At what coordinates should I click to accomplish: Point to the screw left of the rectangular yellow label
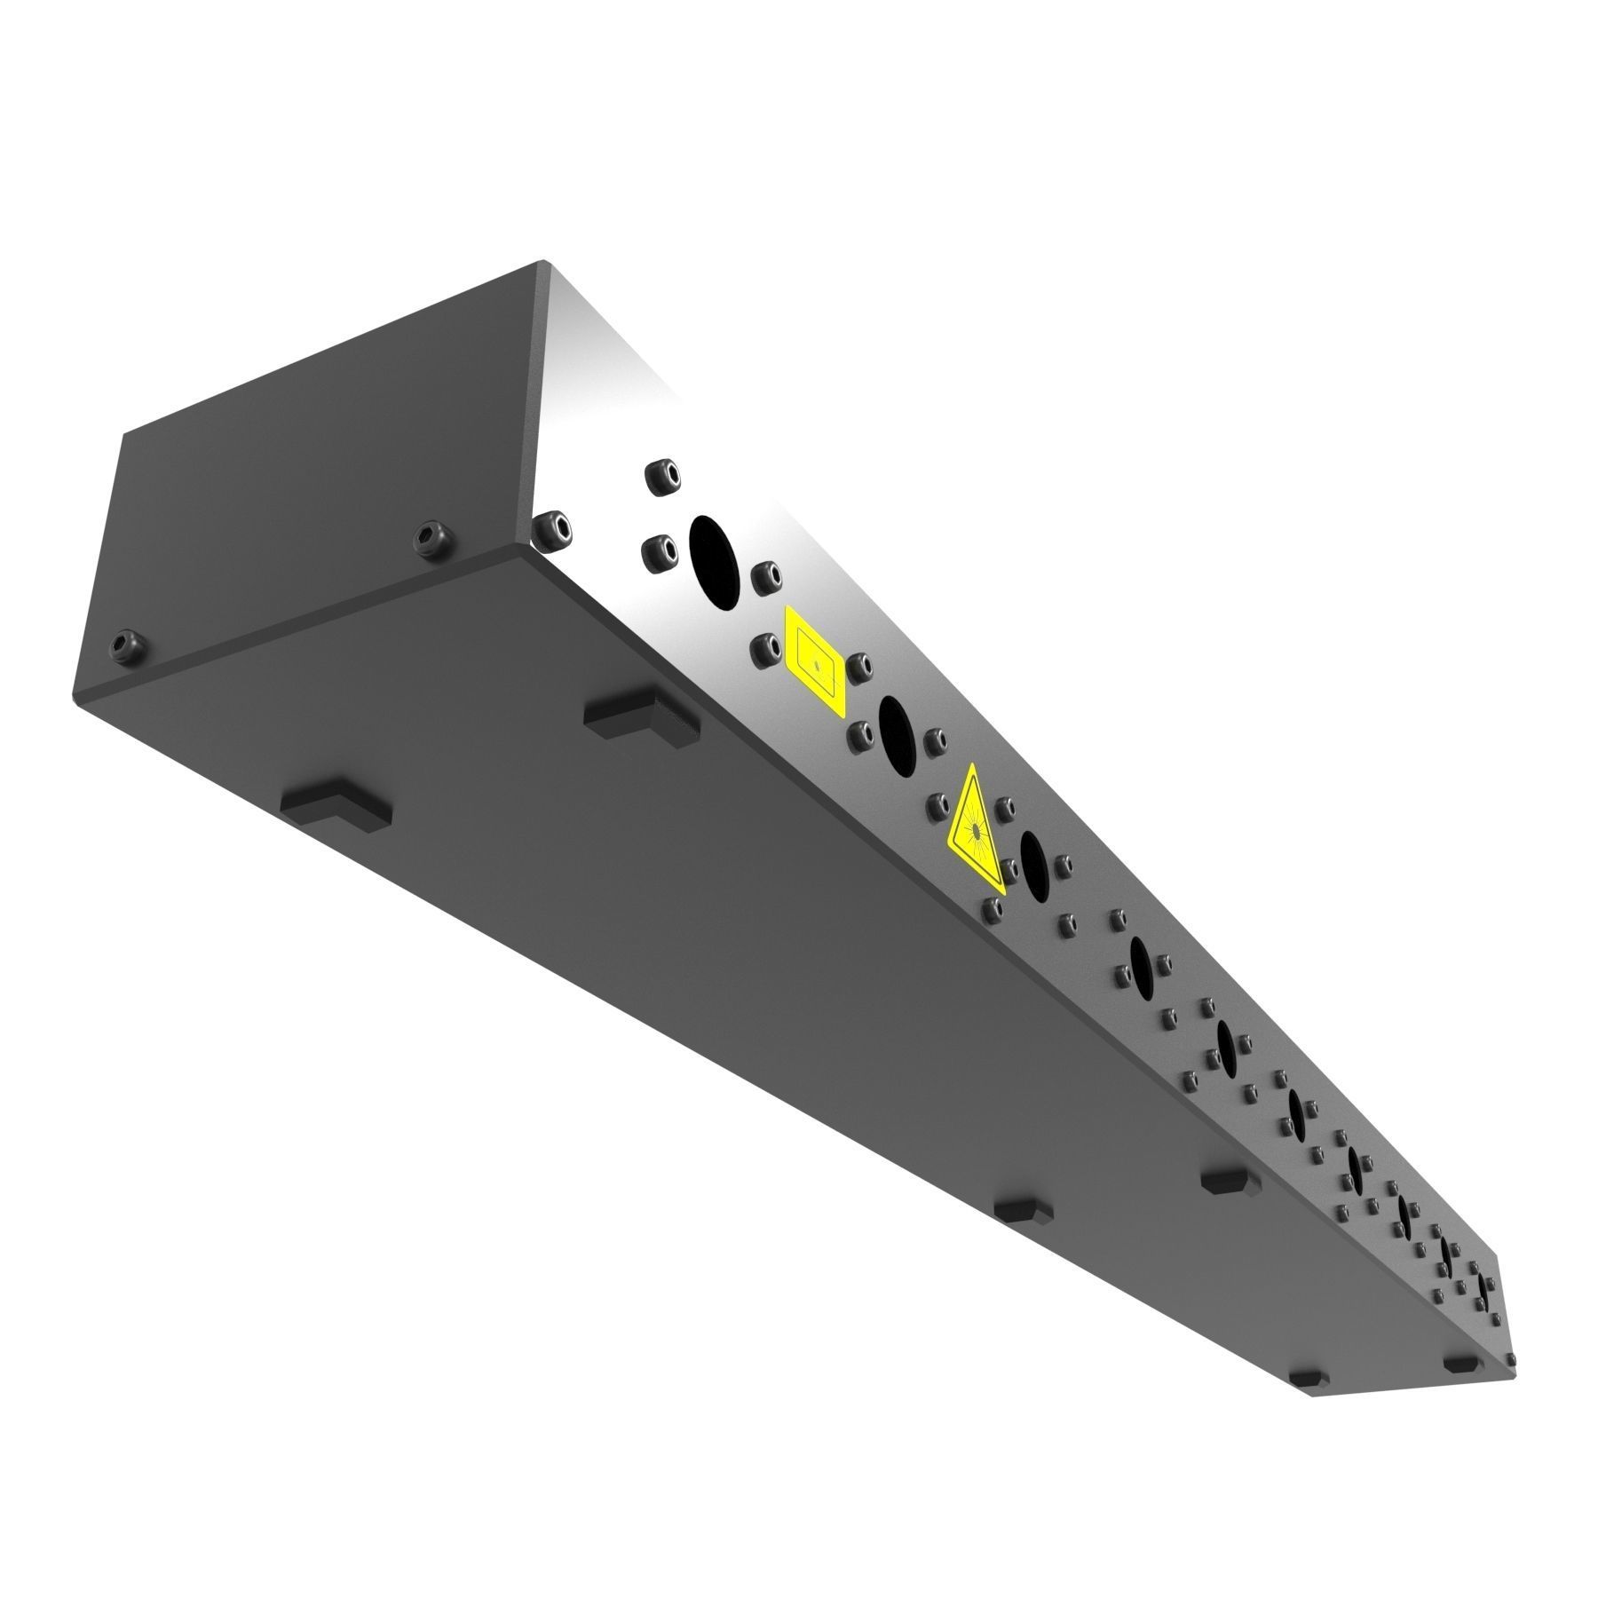763,649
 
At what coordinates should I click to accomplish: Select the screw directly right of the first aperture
765,576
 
